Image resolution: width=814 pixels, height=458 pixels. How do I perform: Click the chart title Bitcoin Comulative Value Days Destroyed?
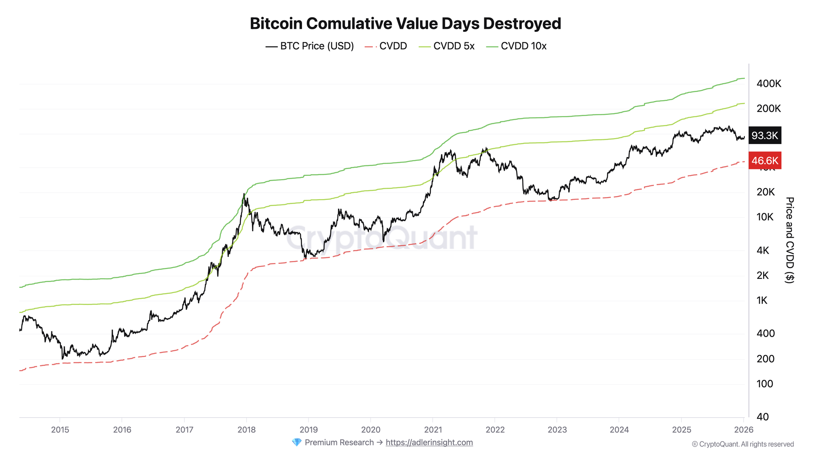[x=405, y=24]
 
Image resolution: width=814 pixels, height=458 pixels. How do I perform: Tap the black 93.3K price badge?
[x=764, y=136]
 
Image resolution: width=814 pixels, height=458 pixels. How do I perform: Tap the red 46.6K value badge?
[x=764, y=161]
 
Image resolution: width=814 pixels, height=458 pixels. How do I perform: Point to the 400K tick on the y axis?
[x=768, y=84]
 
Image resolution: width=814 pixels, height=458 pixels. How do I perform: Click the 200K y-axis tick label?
[x=768, y=109]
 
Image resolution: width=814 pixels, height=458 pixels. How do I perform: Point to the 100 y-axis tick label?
[x=764, y=384]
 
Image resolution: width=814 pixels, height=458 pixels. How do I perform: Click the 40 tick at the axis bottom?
[x=763, y=417]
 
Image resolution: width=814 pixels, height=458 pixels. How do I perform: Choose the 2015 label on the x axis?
[x=60, y=430]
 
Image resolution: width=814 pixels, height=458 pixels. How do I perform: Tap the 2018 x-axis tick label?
[x=246, y=430]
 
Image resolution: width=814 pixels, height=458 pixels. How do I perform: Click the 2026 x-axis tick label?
[x=743, y=430]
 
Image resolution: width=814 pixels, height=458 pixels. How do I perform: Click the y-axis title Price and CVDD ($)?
[x=789, y=240]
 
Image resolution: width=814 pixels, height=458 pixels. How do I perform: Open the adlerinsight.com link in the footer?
[x=429, y=443]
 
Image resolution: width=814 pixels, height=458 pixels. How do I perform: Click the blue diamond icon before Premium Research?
[x=297, y=443]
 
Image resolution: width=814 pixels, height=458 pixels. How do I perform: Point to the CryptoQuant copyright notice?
[x=742, y=444]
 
